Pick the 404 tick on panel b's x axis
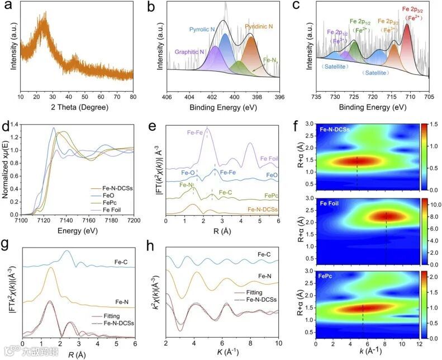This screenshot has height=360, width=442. click(189, 96)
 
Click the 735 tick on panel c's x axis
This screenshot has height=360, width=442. click(316, 96)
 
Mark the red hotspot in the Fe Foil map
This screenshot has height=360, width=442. click(386, 215)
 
